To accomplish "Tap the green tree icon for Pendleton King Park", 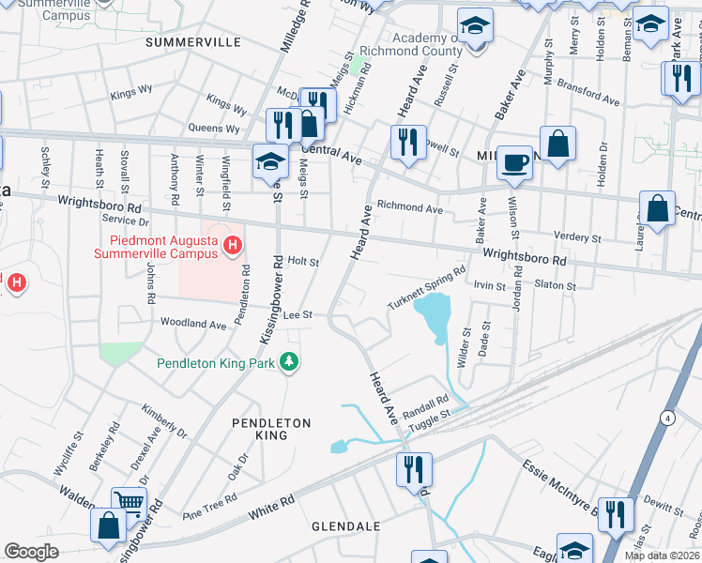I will click(290, 361).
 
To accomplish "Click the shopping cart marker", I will click(129, 503).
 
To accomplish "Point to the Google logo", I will click(31, 551).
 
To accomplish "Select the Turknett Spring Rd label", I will click(427, 289).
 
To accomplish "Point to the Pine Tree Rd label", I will click(206, 508).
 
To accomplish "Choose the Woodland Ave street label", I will click(193, 324).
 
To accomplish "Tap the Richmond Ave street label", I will click(409, 207).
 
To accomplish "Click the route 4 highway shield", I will click(665, 417).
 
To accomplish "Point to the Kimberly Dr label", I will click(164, 418).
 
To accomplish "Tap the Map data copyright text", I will click(661, 555).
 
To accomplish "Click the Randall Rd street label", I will click(426, 404).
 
